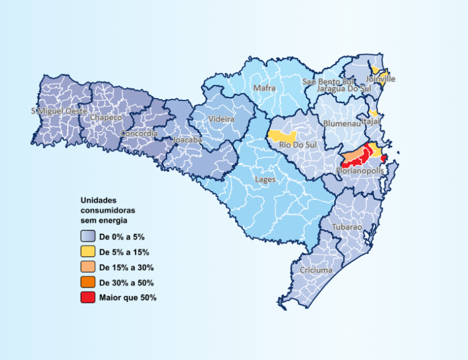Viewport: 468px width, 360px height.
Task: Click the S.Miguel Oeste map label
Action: coord(59,111)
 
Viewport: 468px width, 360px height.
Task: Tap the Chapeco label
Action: coord(106,117)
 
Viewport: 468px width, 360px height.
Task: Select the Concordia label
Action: coord(139,133)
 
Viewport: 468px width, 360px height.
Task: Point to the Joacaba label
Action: coord(187,140)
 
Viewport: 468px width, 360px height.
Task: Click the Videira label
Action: coord(221,119)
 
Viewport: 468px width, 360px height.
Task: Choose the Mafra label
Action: coord(264,88)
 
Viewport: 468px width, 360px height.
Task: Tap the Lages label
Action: coord(265,179)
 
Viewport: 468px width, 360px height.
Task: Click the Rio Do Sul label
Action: coord(294,145)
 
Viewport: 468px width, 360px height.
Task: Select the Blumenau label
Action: coord(341,124)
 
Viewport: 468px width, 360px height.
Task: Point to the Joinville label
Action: coord(380,78)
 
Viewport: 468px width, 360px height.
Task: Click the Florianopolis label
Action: coord(360,171)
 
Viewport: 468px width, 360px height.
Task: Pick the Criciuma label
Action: coord(316,270)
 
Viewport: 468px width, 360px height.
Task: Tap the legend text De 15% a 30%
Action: coord(126,268)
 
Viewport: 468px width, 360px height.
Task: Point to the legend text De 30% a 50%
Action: coord(126,283)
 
